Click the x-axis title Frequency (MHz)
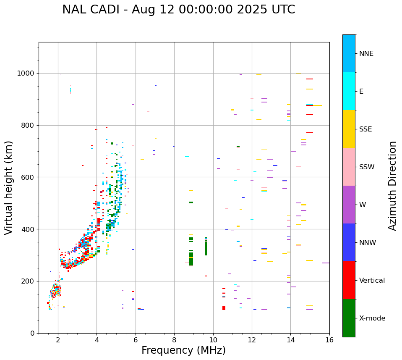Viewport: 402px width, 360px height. click(x=183, y=350)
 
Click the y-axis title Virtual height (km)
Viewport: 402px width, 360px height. click(x=9, y=188)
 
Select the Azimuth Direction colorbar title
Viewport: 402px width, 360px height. click(x=392, y=186)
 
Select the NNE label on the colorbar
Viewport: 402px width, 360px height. click(x=366, y=54)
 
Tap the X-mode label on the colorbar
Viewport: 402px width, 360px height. click(x=372, y=318)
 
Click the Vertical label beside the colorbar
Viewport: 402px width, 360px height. click(x=372, y=281)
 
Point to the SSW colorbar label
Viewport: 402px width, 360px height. click(x=367, y=167)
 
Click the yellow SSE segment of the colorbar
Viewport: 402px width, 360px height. click(x=349, y=129)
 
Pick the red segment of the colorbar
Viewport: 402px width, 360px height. click(x=349, y=280)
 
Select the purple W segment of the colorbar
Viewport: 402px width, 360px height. click(x=349, y=205)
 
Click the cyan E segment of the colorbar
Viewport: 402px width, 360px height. click(x=349, y=91)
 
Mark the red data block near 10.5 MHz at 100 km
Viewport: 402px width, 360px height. click(x=224, y=308)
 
